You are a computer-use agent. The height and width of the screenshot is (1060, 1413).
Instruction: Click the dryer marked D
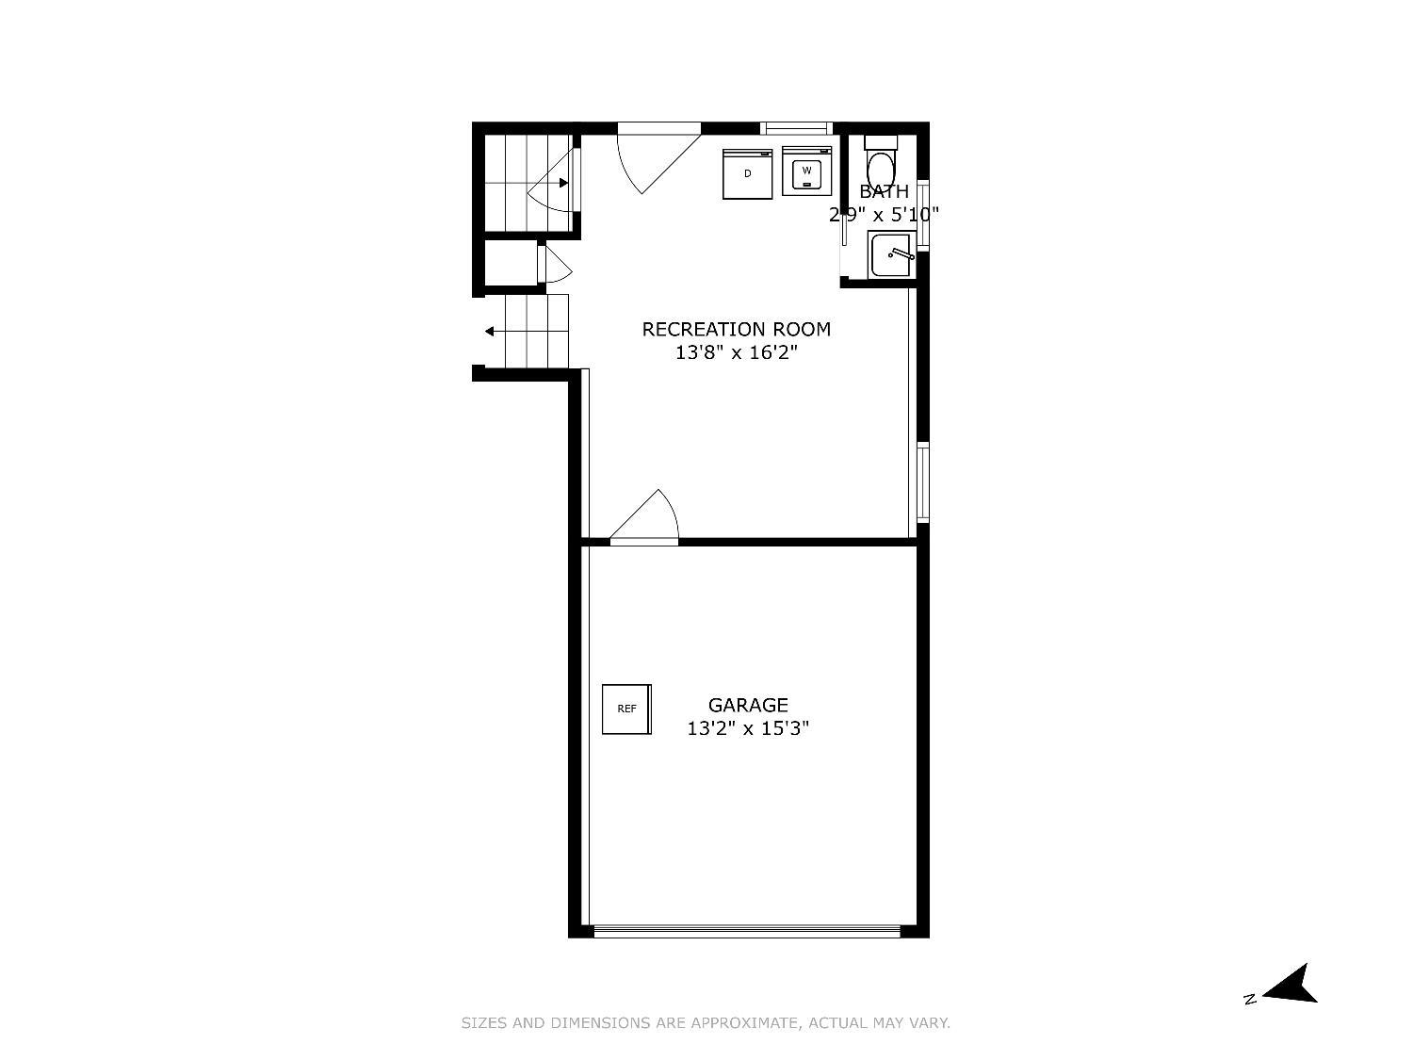(747, 173)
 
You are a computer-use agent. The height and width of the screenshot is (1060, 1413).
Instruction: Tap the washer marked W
(806, 171)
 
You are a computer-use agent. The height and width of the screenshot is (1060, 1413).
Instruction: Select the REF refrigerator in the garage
(626, 709)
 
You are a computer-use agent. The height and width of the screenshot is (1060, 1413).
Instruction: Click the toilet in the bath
(880, 160)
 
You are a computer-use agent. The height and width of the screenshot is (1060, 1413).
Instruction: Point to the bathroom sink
(891, 254)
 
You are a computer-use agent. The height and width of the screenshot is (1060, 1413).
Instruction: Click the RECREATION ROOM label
(736, 330)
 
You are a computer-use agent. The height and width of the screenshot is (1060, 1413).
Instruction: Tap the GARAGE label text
(748, 705)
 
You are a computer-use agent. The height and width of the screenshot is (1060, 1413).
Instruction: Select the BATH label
(884, 191)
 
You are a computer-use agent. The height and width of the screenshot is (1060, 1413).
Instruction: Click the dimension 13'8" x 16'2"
(736, 352)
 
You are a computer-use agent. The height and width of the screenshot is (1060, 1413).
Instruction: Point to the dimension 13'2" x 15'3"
(748, 728)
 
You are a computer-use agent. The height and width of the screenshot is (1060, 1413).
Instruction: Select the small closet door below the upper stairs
(555, 264)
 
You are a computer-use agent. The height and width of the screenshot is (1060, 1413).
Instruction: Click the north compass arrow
(1290, 985)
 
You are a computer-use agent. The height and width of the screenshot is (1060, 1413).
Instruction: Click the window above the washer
(796, 128)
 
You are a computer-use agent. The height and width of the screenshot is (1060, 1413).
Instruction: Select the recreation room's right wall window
(923, 482)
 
